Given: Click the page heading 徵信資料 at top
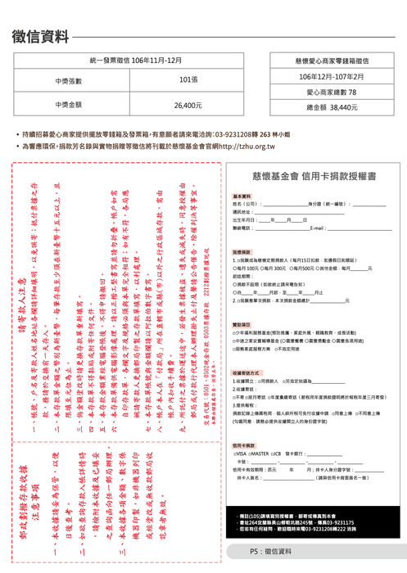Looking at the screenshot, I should (x=41, y=37).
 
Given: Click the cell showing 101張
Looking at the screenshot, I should (x=188, y=81).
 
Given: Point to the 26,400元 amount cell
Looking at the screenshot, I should (x=188, y=106).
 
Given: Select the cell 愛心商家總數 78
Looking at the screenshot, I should (x=331, y=92).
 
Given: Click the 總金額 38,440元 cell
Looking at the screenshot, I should (x=331, y=107).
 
